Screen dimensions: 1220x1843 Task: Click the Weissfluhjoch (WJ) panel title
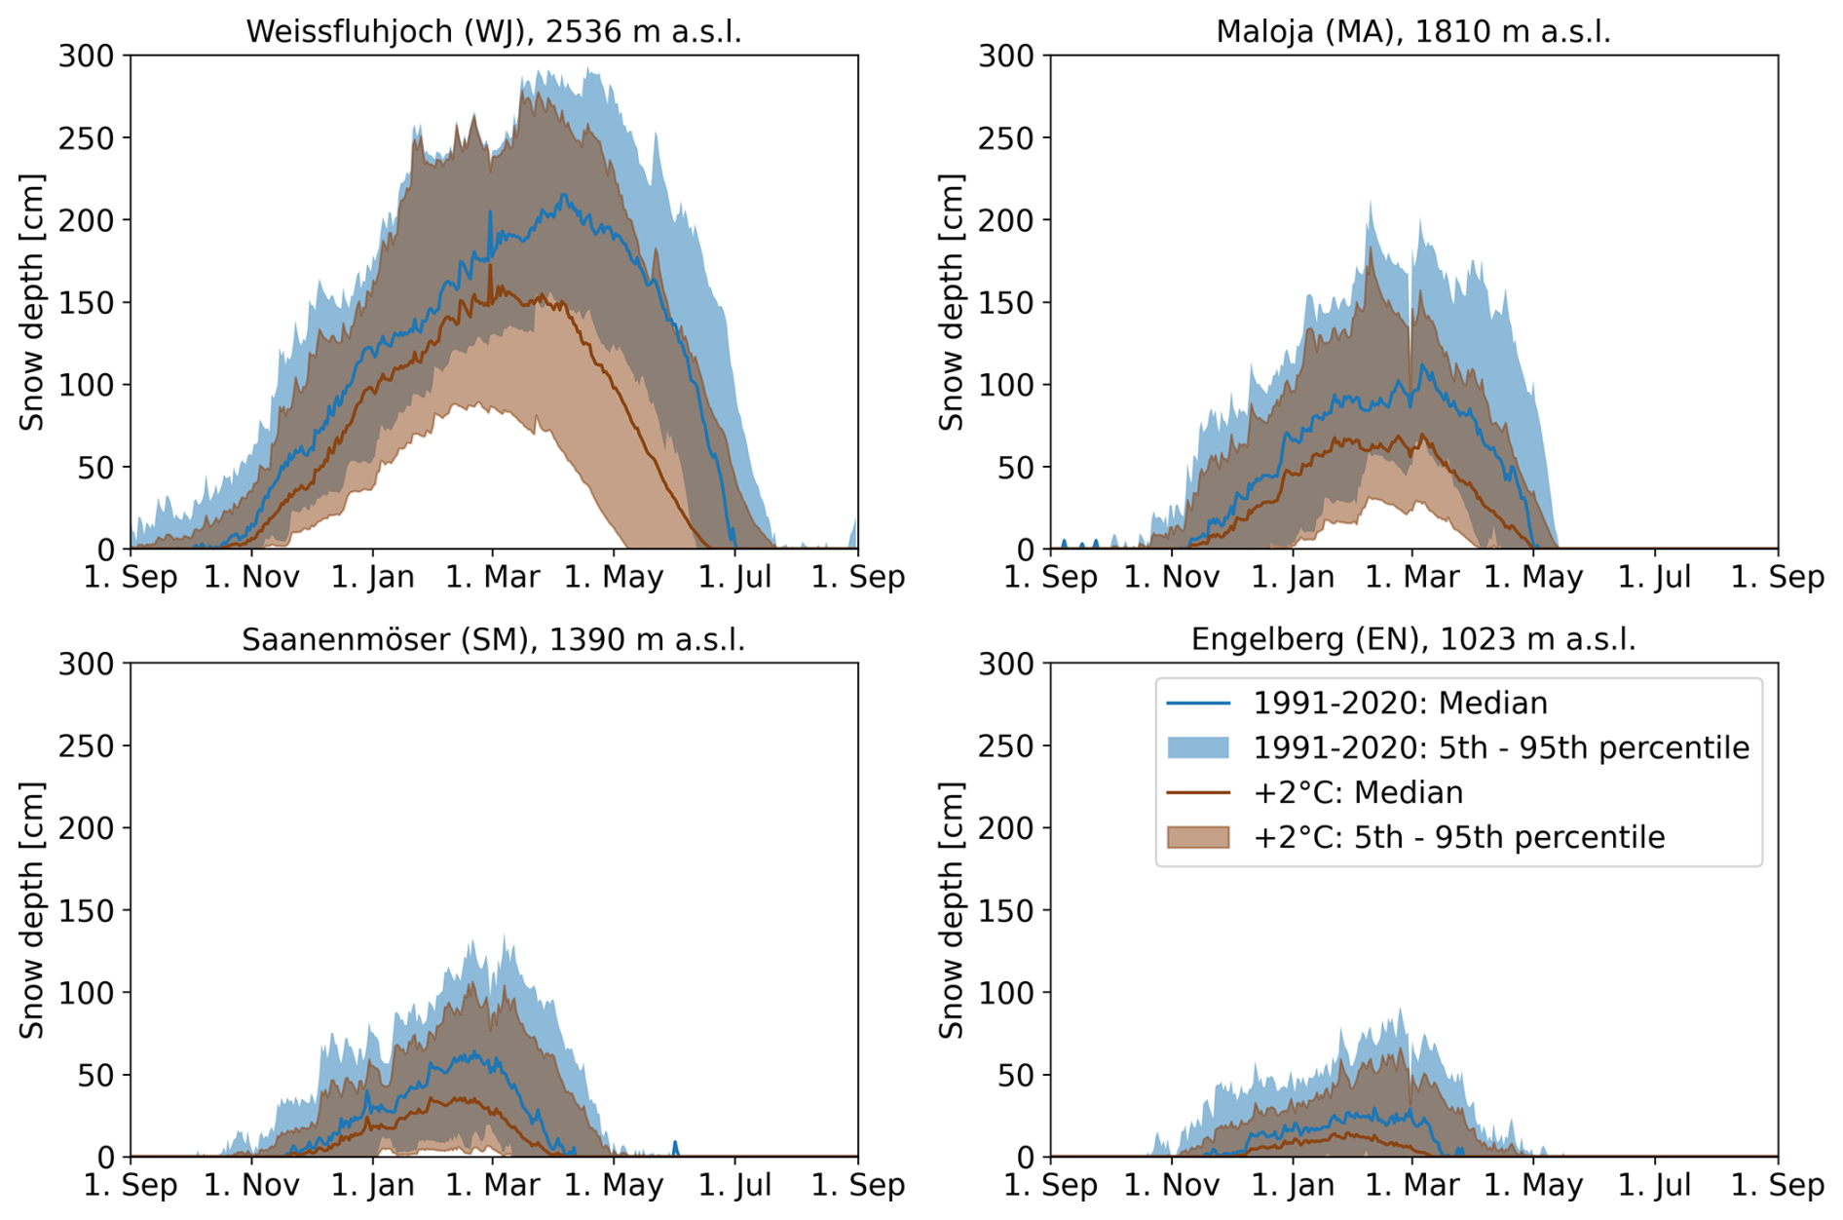click(x=493, y=31)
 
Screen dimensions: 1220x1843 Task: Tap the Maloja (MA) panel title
click(x=1412, y=31)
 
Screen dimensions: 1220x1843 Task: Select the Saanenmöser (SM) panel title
click(x=493, y=639)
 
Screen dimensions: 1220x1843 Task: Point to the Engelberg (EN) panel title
click(x=1412, y=639)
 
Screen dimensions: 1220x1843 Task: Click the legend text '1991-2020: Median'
click(x=1400, y=703)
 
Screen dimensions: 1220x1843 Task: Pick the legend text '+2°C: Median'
click(x=1357, y=792)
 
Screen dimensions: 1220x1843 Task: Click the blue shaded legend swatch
click(x=1198, y=747)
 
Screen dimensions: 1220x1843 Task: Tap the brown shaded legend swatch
click(x=1198, y=837)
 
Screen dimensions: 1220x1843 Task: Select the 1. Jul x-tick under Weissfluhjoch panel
click(x=735, y=577)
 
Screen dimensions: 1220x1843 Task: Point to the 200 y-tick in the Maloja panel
click(x=1006, y=220)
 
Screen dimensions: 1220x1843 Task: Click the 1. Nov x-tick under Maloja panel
click(x=1172, y=577)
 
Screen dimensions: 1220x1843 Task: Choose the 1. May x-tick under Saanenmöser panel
click(x=614, y=1185)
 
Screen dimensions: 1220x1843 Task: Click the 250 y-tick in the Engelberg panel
click(x=1006, y=745)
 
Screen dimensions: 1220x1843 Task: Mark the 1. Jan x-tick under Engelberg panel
click(x=1293, y=1185)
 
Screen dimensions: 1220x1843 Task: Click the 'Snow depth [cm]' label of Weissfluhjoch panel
click(x=32, y=302)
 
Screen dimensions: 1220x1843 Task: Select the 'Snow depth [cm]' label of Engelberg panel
click(x=952, y=910)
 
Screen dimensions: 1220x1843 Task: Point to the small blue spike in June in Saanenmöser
click(x=675, y=1147)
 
